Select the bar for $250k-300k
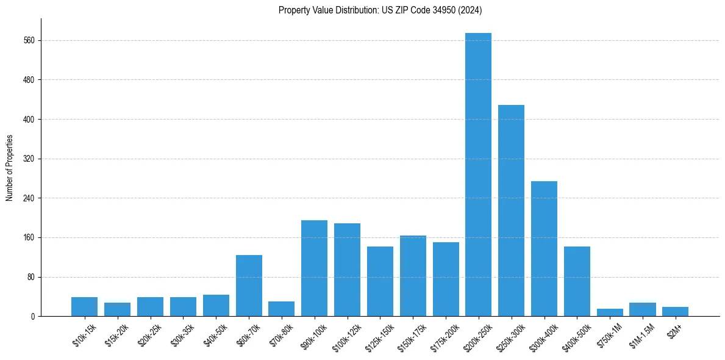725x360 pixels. coord(511,211)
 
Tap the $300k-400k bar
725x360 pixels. coord(544,248)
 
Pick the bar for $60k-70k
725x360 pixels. coord(249,286)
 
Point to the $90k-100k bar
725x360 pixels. coord(314,268)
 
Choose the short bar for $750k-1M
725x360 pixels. coord(610,312)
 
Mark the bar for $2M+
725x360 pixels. coord(675,311)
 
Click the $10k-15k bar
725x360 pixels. coord(84,306)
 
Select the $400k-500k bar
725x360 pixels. coord(577,281)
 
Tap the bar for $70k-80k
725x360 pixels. coord(281,309)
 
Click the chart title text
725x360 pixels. coord(380,10)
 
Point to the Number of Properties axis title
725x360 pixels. coord(9,168)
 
